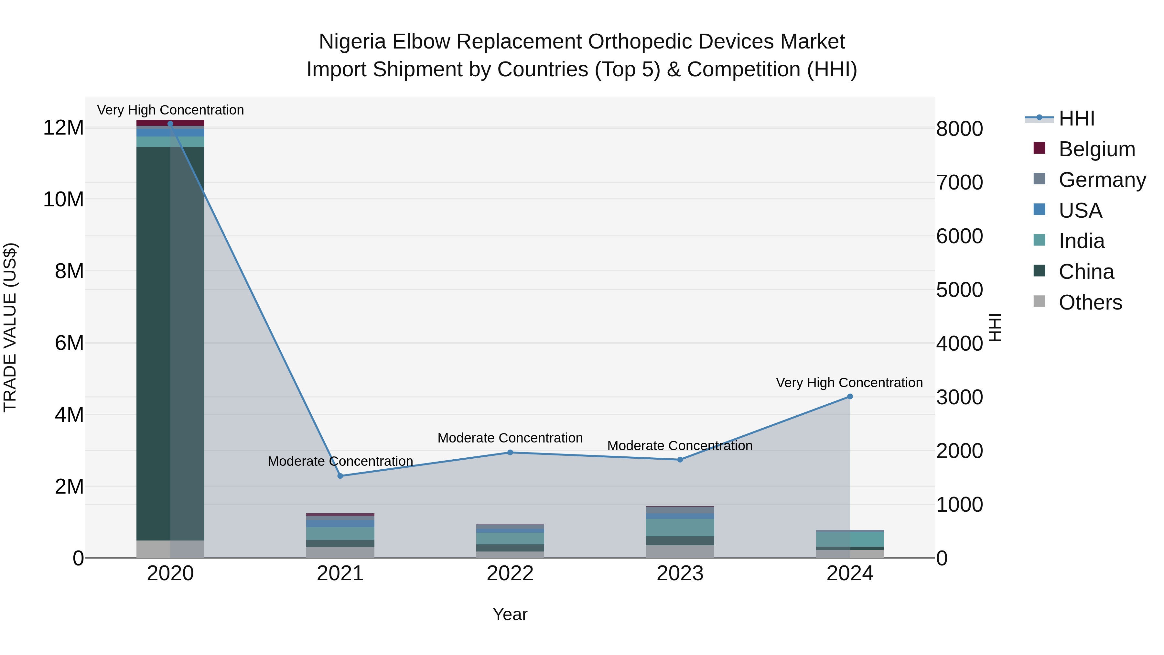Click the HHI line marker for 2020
(x=170, y=124)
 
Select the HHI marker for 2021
(x=341, y=476)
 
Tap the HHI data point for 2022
(x=510, y=453)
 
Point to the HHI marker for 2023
(x=680, y=460)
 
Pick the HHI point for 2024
(x=850, y=397)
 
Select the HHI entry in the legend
(x=1076, y=118)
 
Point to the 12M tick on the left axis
(x=63, y=128)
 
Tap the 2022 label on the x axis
(x=510, y=573)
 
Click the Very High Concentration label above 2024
(x=849, y=383)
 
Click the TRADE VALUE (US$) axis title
(x=10, y=327)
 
